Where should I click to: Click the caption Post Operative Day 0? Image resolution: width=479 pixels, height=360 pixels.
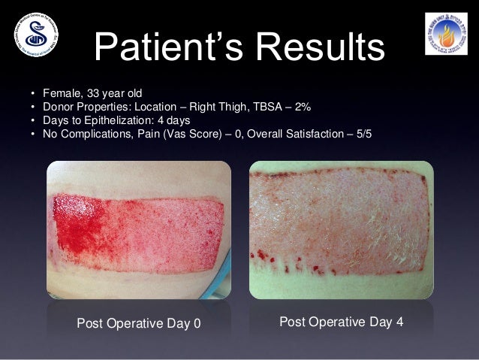click(140, 324)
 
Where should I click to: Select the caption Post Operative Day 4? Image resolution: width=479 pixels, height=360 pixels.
click(342, 322)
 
